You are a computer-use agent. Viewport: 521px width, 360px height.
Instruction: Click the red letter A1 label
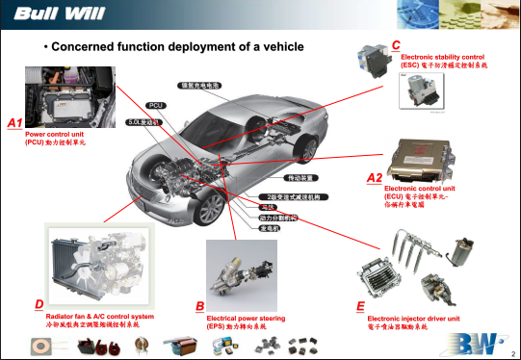(x=13, y=123)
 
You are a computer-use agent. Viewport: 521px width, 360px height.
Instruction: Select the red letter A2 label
(x=375, y=178)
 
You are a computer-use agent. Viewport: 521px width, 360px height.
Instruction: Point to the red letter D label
(x=38, y=304)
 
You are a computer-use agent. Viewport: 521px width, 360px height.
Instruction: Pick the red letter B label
(x=198, y=305)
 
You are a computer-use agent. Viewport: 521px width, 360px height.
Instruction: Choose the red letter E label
(x=359, y=305)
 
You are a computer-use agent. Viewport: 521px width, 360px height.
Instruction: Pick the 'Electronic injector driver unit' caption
(x=414, y=318)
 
